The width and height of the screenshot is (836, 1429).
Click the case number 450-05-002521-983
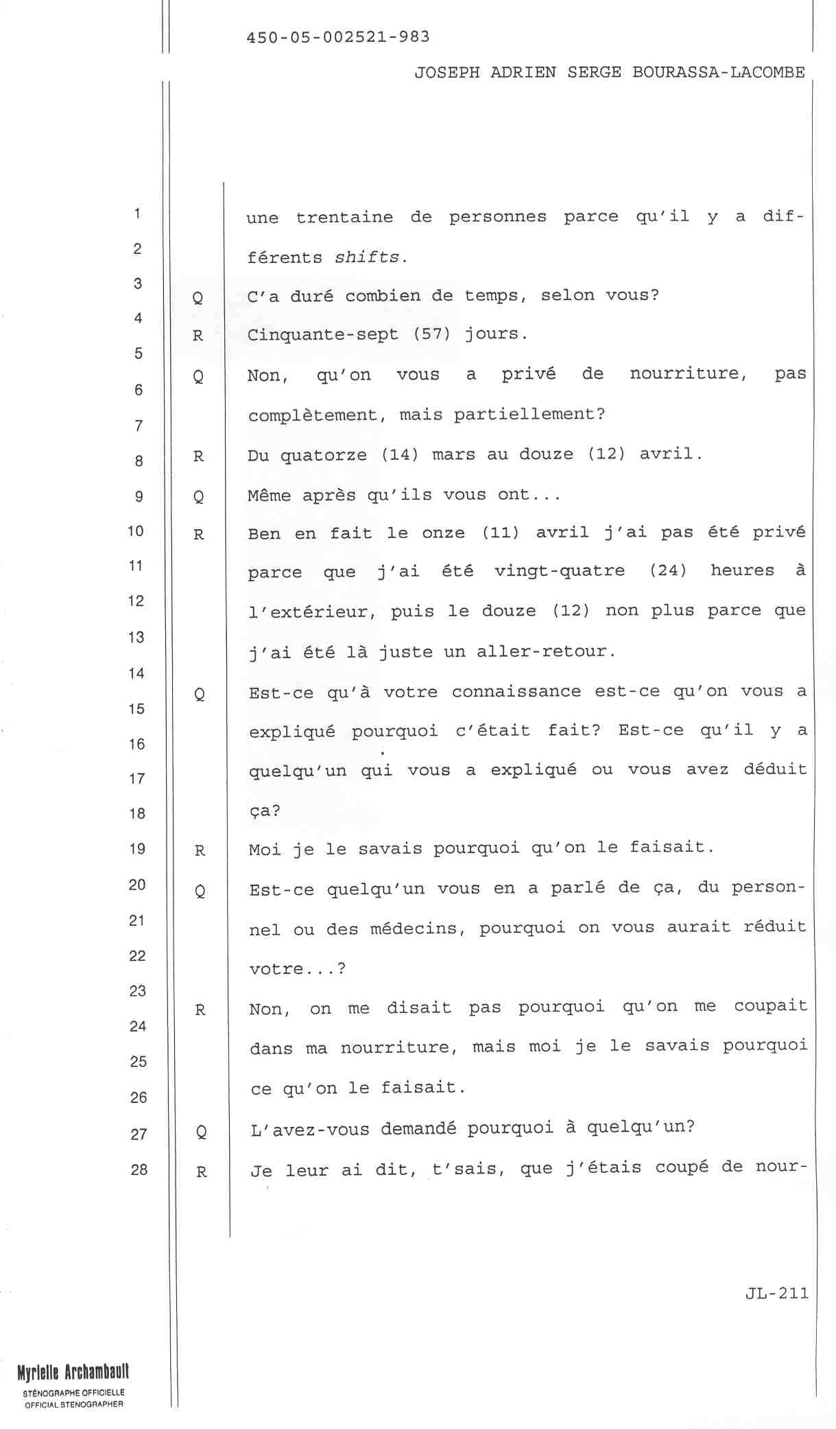337,37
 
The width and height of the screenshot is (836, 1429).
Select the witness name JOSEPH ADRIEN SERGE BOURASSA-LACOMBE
609,73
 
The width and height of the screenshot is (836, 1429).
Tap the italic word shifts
366,257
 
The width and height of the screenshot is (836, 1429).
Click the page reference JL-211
776,1294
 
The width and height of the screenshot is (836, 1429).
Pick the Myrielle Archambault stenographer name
73,1372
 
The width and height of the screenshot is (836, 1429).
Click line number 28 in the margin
139,1170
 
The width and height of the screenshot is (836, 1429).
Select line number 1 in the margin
138,213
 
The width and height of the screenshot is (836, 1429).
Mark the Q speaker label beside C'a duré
198,297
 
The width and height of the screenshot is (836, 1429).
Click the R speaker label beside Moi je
200,851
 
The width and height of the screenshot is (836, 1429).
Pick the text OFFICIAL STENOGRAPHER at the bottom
73,1404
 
